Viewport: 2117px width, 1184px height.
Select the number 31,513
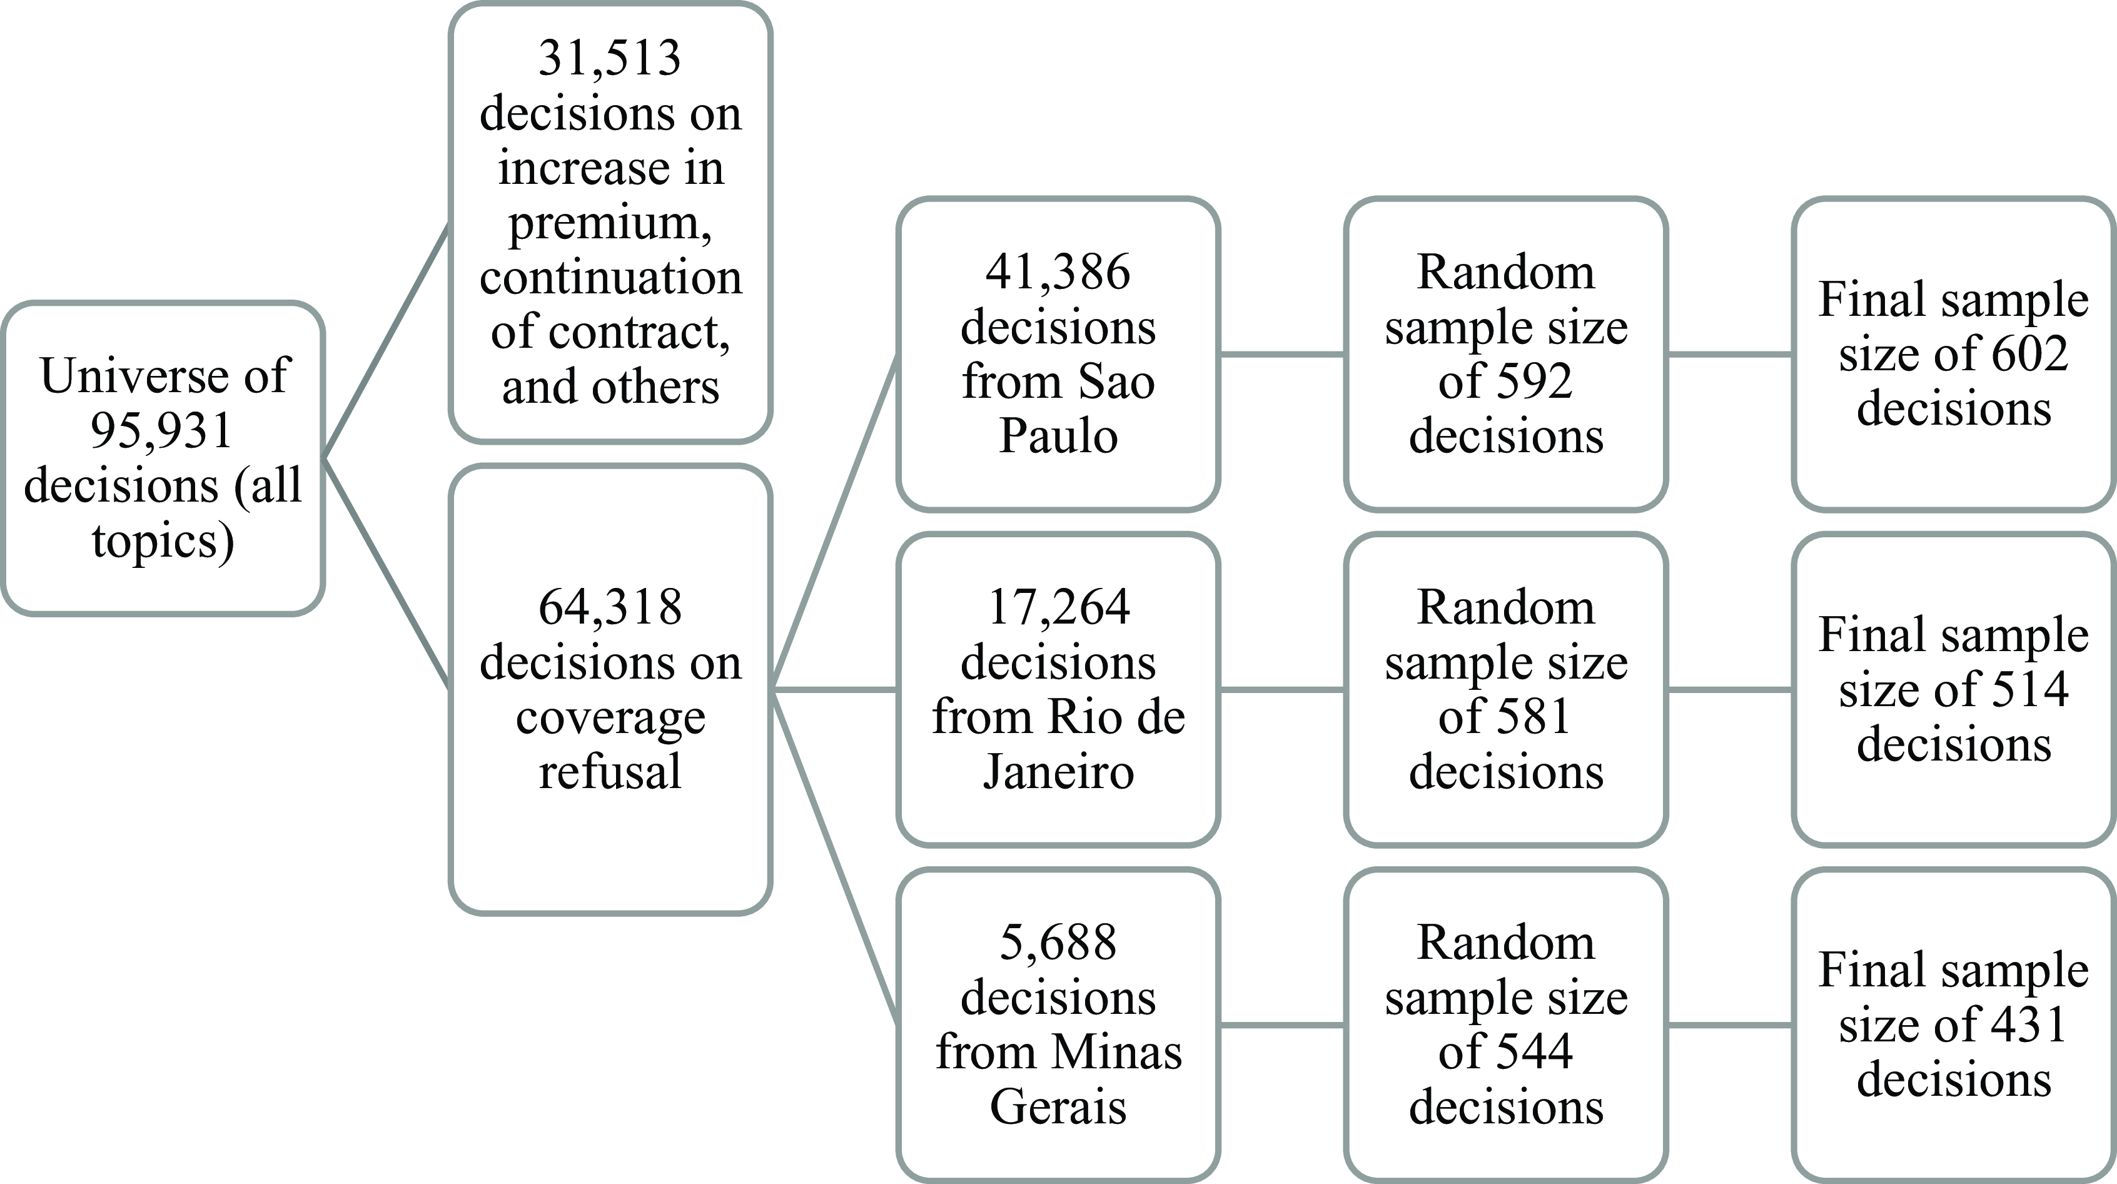pos(610,58)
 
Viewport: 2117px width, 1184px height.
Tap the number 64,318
pos(610,607)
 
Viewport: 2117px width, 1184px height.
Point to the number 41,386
pos(1058,272)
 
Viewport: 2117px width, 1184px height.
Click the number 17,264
pos(1058,607)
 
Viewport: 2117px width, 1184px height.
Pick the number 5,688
pos(1058,943)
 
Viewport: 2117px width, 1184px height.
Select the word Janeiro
pos(1058,772)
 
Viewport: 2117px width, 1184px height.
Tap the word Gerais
pos(1058,1107)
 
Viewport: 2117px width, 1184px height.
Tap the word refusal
pos(610,772)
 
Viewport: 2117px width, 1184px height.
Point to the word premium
pos(610,223)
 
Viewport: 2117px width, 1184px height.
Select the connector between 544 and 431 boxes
pos(1730,1025)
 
